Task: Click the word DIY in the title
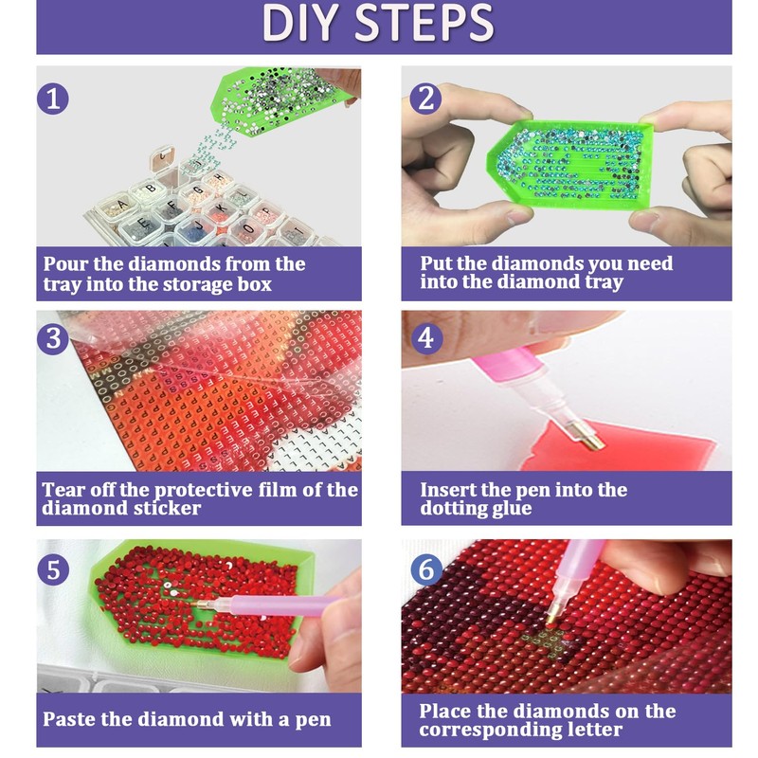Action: tap(299, 23)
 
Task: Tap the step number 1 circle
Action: tap(53, 99)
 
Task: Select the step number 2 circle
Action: tap(425, 99)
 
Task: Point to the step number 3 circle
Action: tap(53, 338)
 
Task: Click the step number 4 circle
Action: tap(426, 338)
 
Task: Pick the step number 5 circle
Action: tap(53, 569)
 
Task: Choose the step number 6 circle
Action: tap(426, 569)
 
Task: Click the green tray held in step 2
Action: tap(569, 164)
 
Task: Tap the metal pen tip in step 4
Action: tap(587, 435)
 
